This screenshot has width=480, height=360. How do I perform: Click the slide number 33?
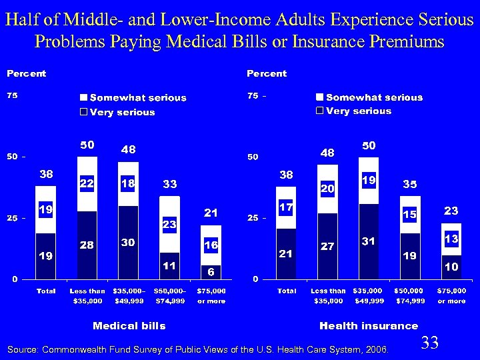pyautogui.click(x=430, y=343)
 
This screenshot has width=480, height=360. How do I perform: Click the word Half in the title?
pyautogui.click(x=21, y=19)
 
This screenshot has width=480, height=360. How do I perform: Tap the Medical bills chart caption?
pyautogui.click(x=129, y=325)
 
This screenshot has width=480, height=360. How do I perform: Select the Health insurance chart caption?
pyautogui.click(x=369, y=325)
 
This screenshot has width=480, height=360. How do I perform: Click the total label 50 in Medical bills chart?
pyautogui.click(x=87, y=145)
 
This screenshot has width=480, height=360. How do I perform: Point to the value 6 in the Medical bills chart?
pyautogui.click(x=211, y=272)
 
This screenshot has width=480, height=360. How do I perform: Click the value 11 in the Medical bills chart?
pyautogui.click(x=170, y=265)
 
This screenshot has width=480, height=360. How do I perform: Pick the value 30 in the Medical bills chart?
pyautogui.click(x=129, y=244)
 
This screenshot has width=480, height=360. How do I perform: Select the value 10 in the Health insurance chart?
pyautogui.click(x=451, y=266)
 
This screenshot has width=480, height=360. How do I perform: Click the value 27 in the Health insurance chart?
pyautogui.click(x=327, y=246)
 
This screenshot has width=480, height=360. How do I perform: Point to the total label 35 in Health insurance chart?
pyautogui.click(x=409, y=184)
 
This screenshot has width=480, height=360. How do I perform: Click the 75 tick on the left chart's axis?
pyautogui.click(x=13, y=96)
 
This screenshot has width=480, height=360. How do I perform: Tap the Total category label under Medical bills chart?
pyautogui.click(x=46, y=291)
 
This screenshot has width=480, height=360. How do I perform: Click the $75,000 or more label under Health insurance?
pyautogui.click(x=451, y=296)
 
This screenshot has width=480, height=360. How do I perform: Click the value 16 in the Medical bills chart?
pyautogui.click(x=211, y=245)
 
